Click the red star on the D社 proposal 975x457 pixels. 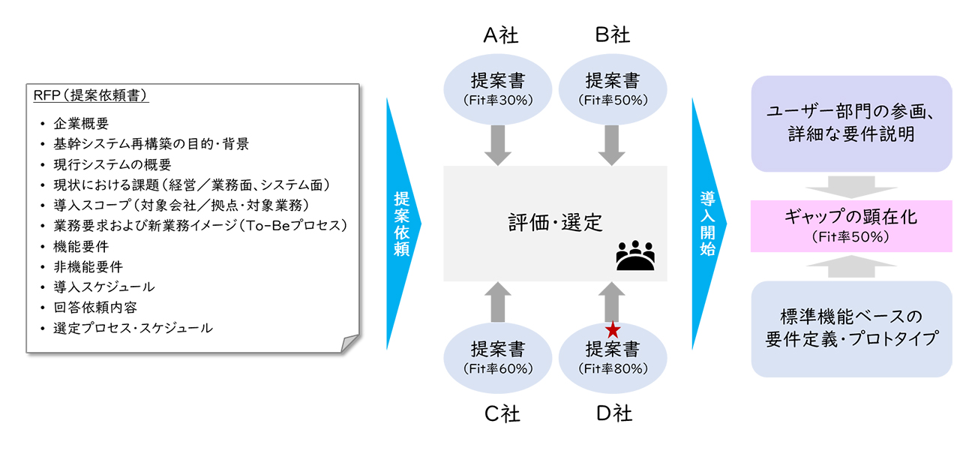pos(613,329)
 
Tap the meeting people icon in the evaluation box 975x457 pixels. pos(634,256)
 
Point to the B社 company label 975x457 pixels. pos(612,35)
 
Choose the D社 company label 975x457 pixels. pos(612,413)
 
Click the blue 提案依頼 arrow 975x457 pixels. pos(403,223)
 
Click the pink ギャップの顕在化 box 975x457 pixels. pos(850,225)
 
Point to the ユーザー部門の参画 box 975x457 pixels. pos(850,123)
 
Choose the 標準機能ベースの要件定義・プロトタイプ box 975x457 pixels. pos(850,327)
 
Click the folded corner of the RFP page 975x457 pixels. pos(349,344)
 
